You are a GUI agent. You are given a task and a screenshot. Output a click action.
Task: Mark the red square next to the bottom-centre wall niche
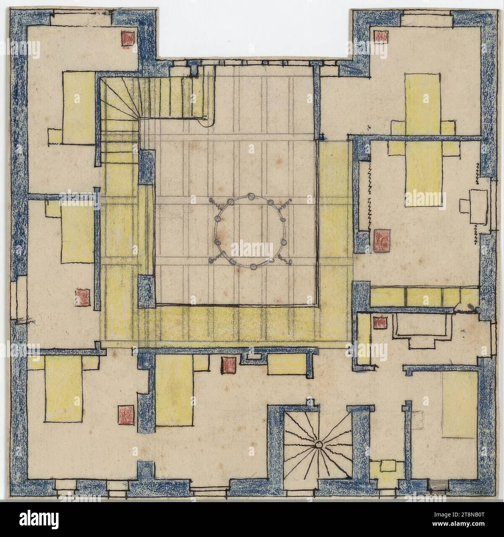[228, 365]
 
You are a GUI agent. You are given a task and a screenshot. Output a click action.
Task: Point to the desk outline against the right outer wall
[478, 206]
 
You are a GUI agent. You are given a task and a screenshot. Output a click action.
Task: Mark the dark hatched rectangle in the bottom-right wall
[437, 485]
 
